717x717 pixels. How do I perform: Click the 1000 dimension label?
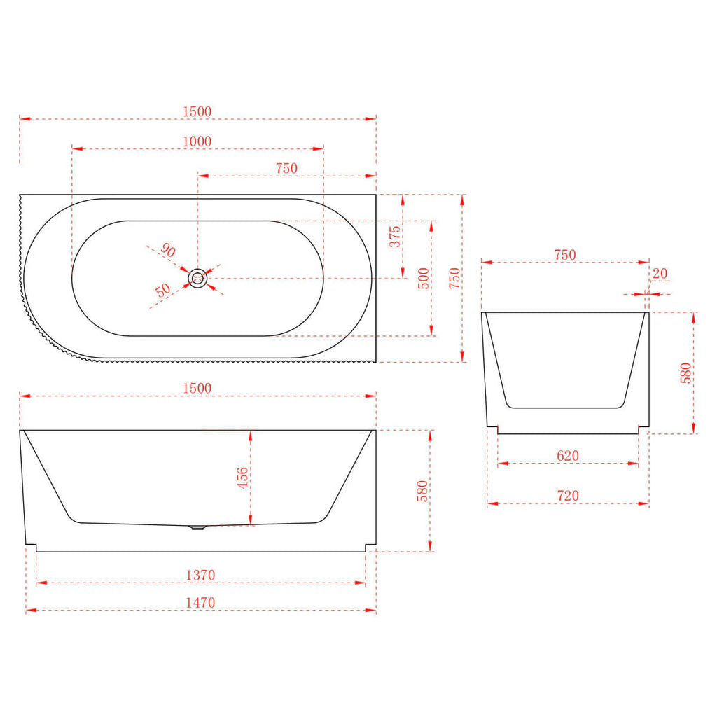(x=197, y=141)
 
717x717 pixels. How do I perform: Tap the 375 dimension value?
(x=395, y=237)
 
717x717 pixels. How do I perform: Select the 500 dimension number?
(x=424, y=279)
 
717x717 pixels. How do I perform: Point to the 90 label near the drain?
(x=168, y=250)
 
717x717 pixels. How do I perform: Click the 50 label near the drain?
(x=162, y=290)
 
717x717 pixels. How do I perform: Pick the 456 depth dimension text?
(x=242, y=478)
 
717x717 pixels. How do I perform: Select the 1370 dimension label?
(x=200, y=575)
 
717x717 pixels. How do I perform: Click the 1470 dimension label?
(x=200, y=602)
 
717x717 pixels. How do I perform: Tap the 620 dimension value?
(x=568, y=455)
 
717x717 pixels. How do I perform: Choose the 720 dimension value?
(x=568, y=495)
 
